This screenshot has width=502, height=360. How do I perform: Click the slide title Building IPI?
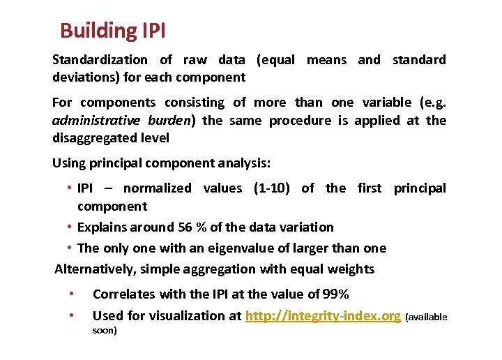point(112,31)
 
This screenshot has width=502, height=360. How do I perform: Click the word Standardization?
point(100,60)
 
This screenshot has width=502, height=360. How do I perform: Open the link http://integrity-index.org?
point(323,316)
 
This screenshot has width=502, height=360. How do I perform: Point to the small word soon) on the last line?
point(105,330)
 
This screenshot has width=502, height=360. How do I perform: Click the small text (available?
point(425,317)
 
